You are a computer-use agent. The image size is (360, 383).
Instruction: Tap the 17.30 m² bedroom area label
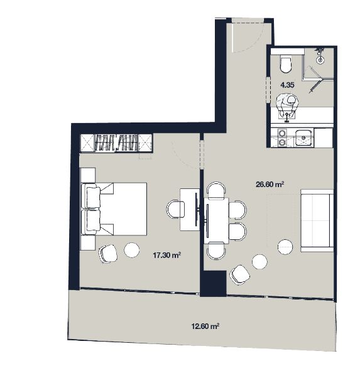click(168, 256)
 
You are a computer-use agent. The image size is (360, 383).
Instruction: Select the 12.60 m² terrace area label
click(205, 326)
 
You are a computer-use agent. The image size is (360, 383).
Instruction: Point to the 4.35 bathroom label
click(287, 84)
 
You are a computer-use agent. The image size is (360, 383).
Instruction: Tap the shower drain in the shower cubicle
click(321, 60)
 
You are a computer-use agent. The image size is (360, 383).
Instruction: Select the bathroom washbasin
click(288, 101)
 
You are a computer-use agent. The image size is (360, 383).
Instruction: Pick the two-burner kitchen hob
click(282, 137)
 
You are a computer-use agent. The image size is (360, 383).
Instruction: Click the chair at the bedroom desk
click(174, 208)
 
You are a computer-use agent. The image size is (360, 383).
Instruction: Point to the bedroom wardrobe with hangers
click(116, 143)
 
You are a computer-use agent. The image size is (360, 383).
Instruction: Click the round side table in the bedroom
click(132, 250)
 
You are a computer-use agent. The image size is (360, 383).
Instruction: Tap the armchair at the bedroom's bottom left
click(108, 254)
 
